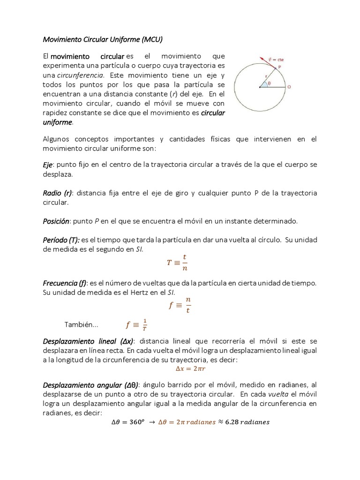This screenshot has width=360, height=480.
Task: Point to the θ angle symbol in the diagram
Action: (268, 84)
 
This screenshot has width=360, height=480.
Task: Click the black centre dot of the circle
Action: (260, 87)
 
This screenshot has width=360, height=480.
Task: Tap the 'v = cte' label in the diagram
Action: (276, 59)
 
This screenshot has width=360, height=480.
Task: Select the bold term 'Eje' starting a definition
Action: (47, 165)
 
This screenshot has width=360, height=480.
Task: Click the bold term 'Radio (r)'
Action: (58, 193)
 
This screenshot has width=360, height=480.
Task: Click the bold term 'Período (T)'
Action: (61, 240)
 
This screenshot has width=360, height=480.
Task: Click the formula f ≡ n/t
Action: (180, 306)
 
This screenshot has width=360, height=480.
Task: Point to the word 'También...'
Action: (81, 325)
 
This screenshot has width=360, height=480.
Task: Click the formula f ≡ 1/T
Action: (136, 324)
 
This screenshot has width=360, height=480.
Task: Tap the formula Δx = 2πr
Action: (180, 368)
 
